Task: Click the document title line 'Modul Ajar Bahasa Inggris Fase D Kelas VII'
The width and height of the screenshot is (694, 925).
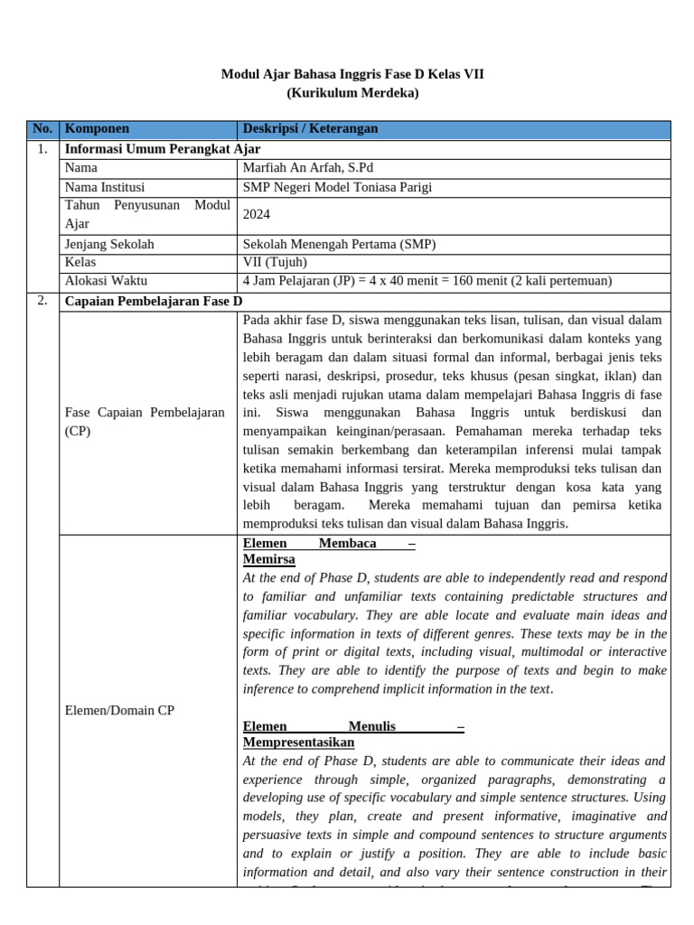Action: tap(352, 74)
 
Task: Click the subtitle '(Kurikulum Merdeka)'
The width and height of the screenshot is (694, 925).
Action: tap(352, 93)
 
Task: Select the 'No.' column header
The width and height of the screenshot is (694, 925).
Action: tap(42, 129)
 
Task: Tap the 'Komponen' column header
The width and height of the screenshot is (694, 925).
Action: tap(97, 129)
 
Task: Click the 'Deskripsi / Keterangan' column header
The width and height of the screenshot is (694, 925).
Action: tap(311, 129)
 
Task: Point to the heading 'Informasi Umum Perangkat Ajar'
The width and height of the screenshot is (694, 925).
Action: tap(163, 149)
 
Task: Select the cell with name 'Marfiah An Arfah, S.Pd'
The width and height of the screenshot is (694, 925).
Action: tap(308, 168)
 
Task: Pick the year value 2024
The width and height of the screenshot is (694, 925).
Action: tap(258, 215)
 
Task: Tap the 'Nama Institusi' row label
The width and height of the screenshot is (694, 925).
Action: tap(105, 187)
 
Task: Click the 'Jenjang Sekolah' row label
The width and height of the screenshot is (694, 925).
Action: tap(109, 244)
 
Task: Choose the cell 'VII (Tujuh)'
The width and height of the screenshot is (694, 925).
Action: tap(275, 262)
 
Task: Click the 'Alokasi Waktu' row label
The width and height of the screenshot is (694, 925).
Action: tap(107, 281)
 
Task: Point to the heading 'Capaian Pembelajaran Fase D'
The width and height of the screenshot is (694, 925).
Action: tap(154, 301)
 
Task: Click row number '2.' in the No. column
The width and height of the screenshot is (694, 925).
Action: tap(42, 301)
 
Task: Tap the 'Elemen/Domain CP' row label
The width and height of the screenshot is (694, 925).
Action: tap(119, 710)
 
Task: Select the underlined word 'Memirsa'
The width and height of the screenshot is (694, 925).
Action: tap(269, 560)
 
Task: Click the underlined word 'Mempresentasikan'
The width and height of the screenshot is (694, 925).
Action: tap(299, 743)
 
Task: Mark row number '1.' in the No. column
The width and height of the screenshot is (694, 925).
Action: tap(42, 149)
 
